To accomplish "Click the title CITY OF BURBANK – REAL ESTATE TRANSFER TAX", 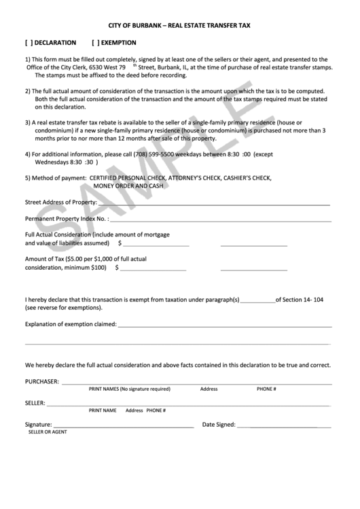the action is point(179,25).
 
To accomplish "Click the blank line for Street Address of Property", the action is point(214,204).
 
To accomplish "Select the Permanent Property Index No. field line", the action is point(221,220).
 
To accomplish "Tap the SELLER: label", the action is point(35,403).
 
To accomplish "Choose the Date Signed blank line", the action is point(284,425).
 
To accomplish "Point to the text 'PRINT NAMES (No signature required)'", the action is point(129,389).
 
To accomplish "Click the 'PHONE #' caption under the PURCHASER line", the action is point(266,389).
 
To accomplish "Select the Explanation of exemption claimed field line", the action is point(224,325).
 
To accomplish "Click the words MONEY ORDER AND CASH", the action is point(128,186).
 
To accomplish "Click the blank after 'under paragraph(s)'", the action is point(257,300).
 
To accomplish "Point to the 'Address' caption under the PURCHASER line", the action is point(209,389).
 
